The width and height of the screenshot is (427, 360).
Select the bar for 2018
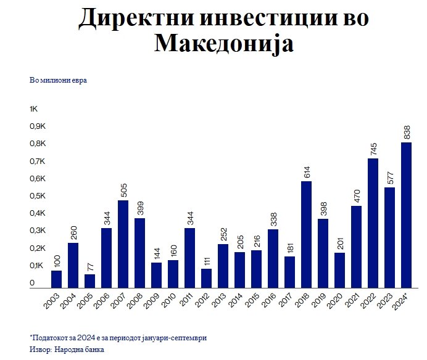[x=307, y=234]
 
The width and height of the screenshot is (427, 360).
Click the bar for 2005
[x=90, y=281]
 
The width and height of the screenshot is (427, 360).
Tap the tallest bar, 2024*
[x=406, y=215]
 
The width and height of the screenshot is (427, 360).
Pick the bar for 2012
[x=207, y=278]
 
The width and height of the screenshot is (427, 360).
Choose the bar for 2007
[x=123, y=244]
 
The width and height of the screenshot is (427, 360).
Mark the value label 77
[x=90, y=266]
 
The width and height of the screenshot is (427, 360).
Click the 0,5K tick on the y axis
[x=38, y=196]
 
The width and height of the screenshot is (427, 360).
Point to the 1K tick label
[x=34, y=109]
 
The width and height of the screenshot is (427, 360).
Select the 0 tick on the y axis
[x=31, y=283]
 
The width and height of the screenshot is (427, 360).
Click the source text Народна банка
[x=78, y=350]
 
